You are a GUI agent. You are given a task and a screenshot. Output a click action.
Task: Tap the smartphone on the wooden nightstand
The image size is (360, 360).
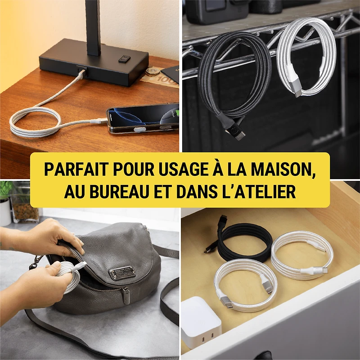pos(143,119)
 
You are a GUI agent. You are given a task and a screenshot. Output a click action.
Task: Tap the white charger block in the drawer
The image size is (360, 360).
pos(201,321)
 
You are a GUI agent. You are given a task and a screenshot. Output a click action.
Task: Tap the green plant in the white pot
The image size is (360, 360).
pos(5,191)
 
